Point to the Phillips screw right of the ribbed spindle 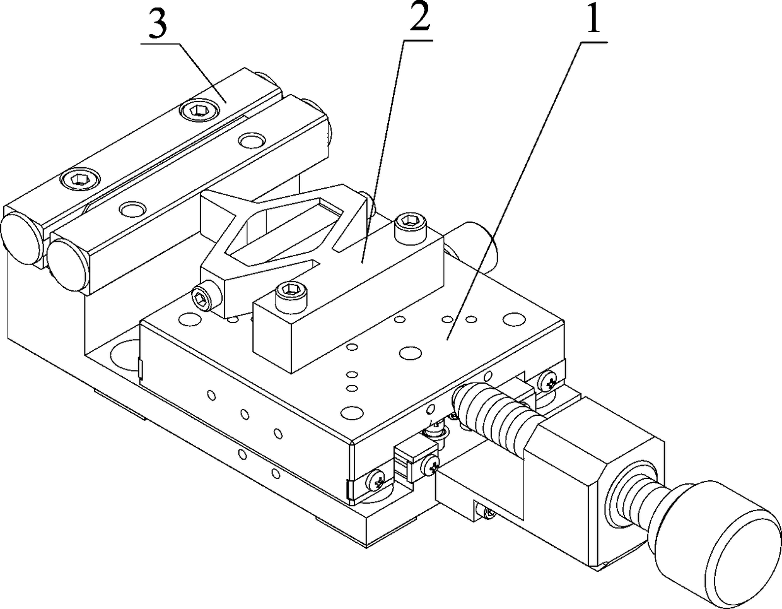(546, 381)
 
